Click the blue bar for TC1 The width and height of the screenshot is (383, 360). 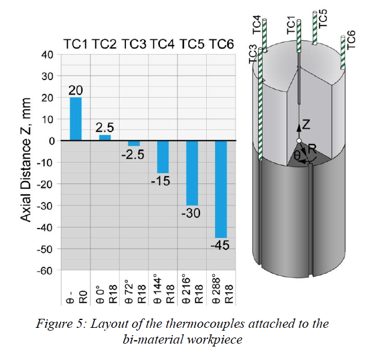coord(76,119)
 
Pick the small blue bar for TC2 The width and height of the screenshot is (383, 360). coord(105,137)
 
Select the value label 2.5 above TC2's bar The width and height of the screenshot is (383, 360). coord(105,128)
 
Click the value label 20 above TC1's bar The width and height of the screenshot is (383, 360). coord(76,90)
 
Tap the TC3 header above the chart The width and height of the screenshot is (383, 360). coord(134,44)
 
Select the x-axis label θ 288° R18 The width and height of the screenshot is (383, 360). coord(223,291)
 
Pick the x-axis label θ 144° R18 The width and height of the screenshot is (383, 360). coord(164,291)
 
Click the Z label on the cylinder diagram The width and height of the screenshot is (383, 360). coord(306,124)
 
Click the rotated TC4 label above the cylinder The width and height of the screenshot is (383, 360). coord(258,26)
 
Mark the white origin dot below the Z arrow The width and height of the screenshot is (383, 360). coord(299,141)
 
